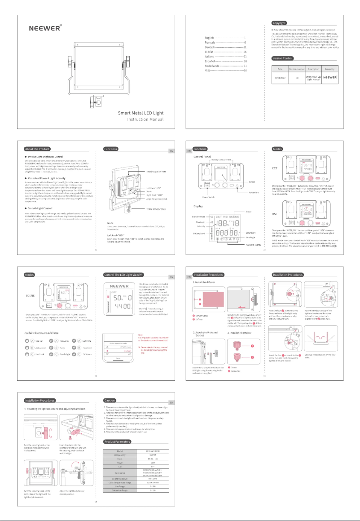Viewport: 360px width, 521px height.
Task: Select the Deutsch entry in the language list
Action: point(211,47)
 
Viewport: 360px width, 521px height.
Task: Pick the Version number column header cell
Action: point(297,69)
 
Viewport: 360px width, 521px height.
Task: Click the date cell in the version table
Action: point(280,77)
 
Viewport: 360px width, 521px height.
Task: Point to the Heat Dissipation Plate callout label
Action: point(150,171)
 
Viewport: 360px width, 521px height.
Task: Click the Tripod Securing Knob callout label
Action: point(150,209)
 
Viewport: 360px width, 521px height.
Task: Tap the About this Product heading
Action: point(38,149)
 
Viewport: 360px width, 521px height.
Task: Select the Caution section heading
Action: point(110,400)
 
